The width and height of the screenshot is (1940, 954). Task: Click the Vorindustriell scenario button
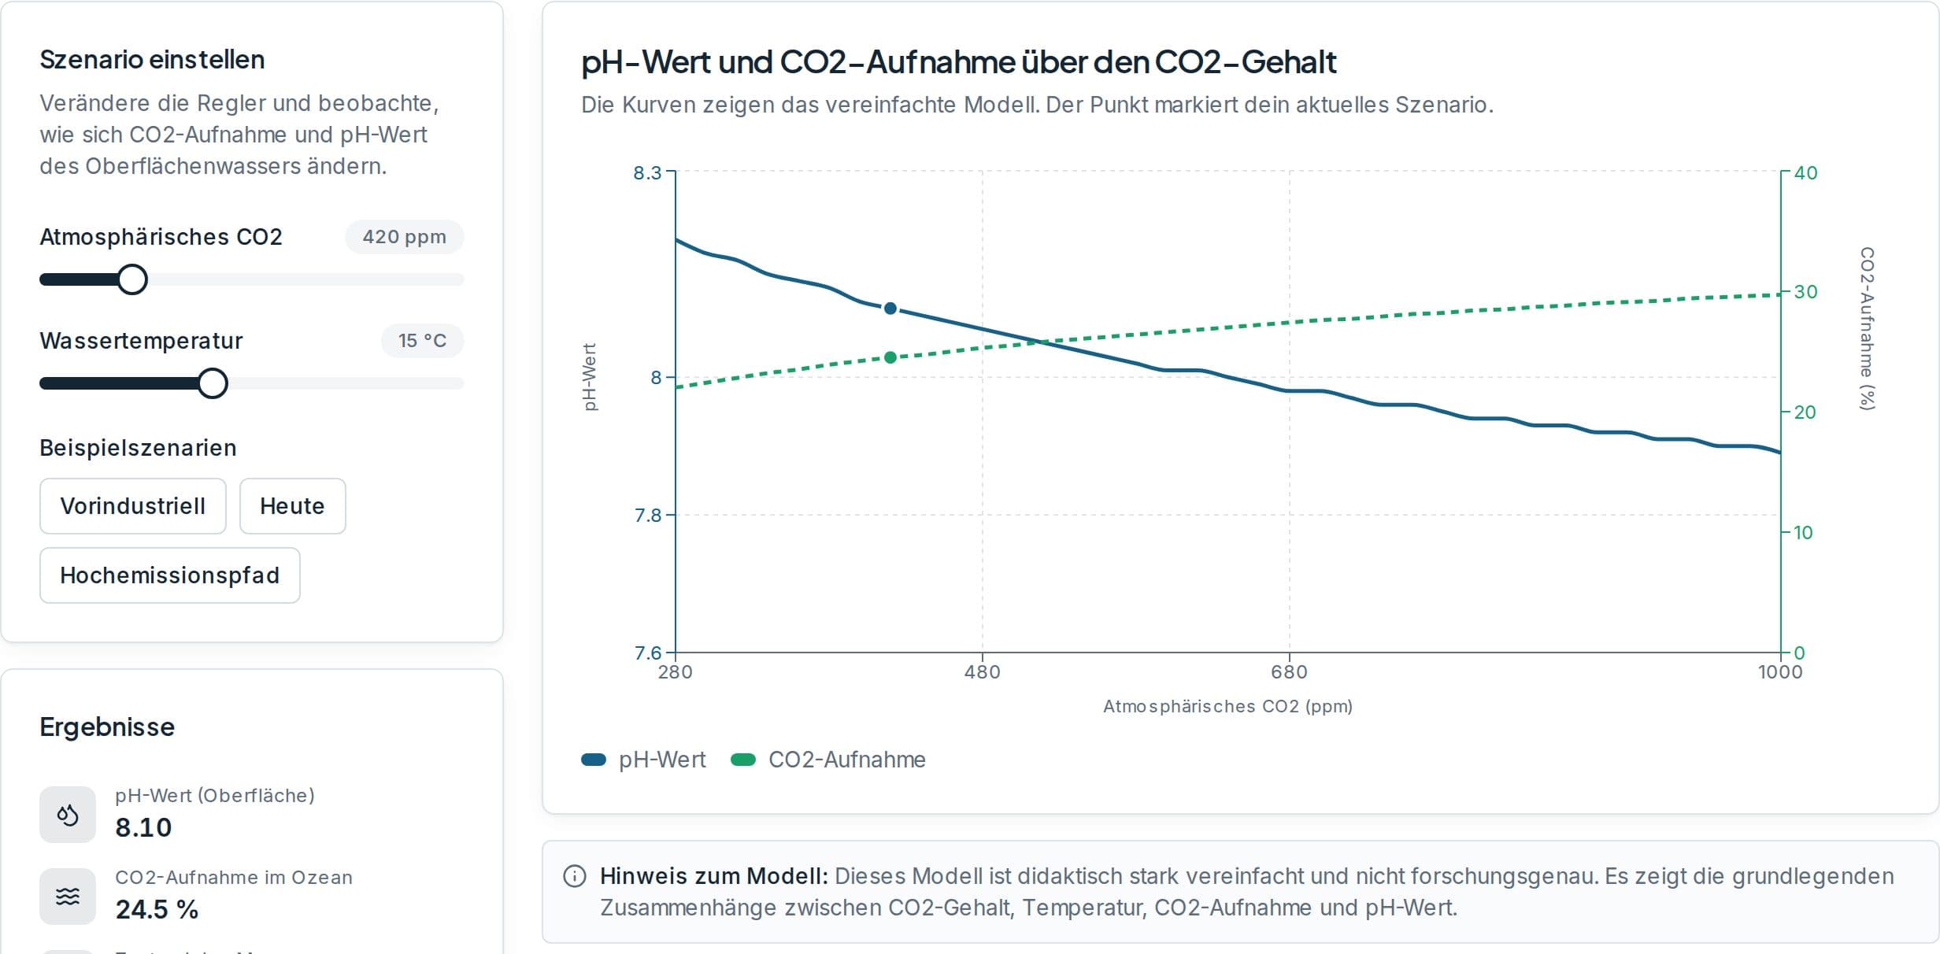pos(133,506)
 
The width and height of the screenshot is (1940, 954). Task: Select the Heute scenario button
pos(292,506)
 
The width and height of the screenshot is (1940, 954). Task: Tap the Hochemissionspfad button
pos(170,575)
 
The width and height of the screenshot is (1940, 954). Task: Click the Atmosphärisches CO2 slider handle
pos(132,279)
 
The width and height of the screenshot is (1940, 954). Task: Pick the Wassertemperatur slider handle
pos(213,383)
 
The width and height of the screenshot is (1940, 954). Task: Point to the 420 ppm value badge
pos(405,237)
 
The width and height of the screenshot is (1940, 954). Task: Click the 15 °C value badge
pos(423,341)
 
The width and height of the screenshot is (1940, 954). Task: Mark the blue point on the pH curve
pos(890,309)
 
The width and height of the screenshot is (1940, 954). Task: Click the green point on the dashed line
pos(890,357)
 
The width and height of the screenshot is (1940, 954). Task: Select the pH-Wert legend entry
pos(643,760)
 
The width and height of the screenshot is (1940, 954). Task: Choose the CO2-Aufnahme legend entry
pos(828,760)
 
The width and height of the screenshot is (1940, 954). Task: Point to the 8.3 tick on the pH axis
pos(648,172)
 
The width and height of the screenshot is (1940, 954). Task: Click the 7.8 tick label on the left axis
pos(648,516)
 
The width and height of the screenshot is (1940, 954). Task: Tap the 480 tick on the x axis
pos(983,672)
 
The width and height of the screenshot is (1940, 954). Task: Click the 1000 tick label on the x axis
pos(1780,672)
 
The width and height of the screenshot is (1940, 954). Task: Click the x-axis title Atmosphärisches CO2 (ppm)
pos(1227,706)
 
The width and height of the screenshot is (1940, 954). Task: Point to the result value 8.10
pos(143,827)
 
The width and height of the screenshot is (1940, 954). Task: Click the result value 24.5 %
pos(157,909)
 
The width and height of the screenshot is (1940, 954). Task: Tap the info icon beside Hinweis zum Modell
pos(575,876)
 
